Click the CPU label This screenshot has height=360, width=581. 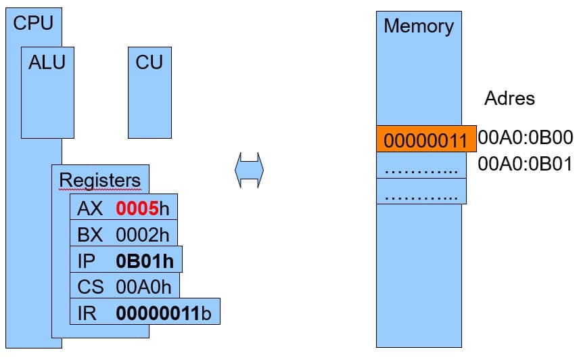[x=33, y=23]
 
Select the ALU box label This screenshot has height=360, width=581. [x=47, y=62]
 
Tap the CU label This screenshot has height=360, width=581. [x=149, y=62]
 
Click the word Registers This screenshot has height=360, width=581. [x=100, y=180]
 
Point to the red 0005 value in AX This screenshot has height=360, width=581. [x=137, y=208]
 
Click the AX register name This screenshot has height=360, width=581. [x=90, y=208]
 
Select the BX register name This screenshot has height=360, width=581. [x=90, y=235]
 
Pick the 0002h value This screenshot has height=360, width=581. [x=143, y=235]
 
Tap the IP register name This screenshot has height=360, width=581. [x=87, y=261]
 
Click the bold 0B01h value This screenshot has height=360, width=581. [x=145, y=261]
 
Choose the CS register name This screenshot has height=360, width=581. [x=91, y=287]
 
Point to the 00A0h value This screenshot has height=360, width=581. [x=144, y=287]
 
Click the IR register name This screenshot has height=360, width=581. [x=87, y=313]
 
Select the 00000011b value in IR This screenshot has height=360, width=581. [x=164, y=313]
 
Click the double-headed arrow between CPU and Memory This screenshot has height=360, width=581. [x=250, y=170]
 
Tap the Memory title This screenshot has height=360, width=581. [x=419, y=26]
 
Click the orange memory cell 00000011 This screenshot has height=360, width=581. [x=426, y=139]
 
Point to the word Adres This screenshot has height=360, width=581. [x=509, y=98]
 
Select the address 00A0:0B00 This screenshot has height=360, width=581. [x=526, y=137]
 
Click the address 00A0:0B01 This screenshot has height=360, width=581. [x=525, y=164]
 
